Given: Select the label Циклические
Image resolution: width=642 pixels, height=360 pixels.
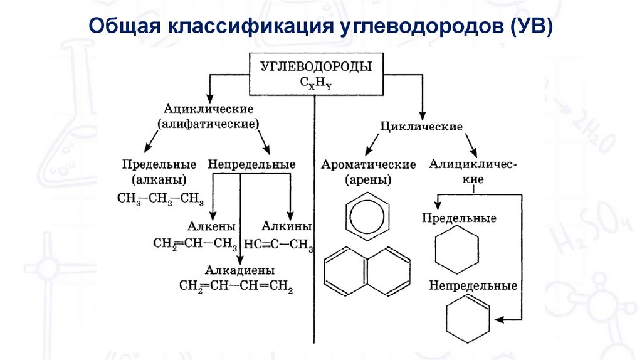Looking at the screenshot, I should [x=422, y=126].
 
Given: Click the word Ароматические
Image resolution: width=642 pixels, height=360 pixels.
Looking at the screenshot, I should [x=369, y=164].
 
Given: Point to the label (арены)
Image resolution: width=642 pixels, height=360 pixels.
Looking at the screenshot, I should [x=369, y=181].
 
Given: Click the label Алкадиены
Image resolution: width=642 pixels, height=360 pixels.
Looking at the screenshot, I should [x=240, y=270].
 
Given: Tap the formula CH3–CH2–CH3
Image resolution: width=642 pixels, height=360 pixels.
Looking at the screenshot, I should [x=160, y=199].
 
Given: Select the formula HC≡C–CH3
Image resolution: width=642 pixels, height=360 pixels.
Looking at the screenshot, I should [x=279, y=243].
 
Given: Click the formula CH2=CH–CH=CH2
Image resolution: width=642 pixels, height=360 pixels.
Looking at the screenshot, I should [x=236, y=287].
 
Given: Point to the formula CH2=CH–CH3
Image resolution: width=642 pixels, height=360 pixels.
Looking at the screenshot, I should [x=195, y=243].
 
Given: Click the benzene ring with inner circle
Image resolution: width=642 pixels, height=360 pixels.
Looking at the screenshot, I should [x=367, y=218].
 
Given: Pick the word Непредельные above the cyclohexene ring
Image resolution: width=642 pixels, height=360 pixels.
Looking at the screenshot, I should [x=473, y=285].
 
